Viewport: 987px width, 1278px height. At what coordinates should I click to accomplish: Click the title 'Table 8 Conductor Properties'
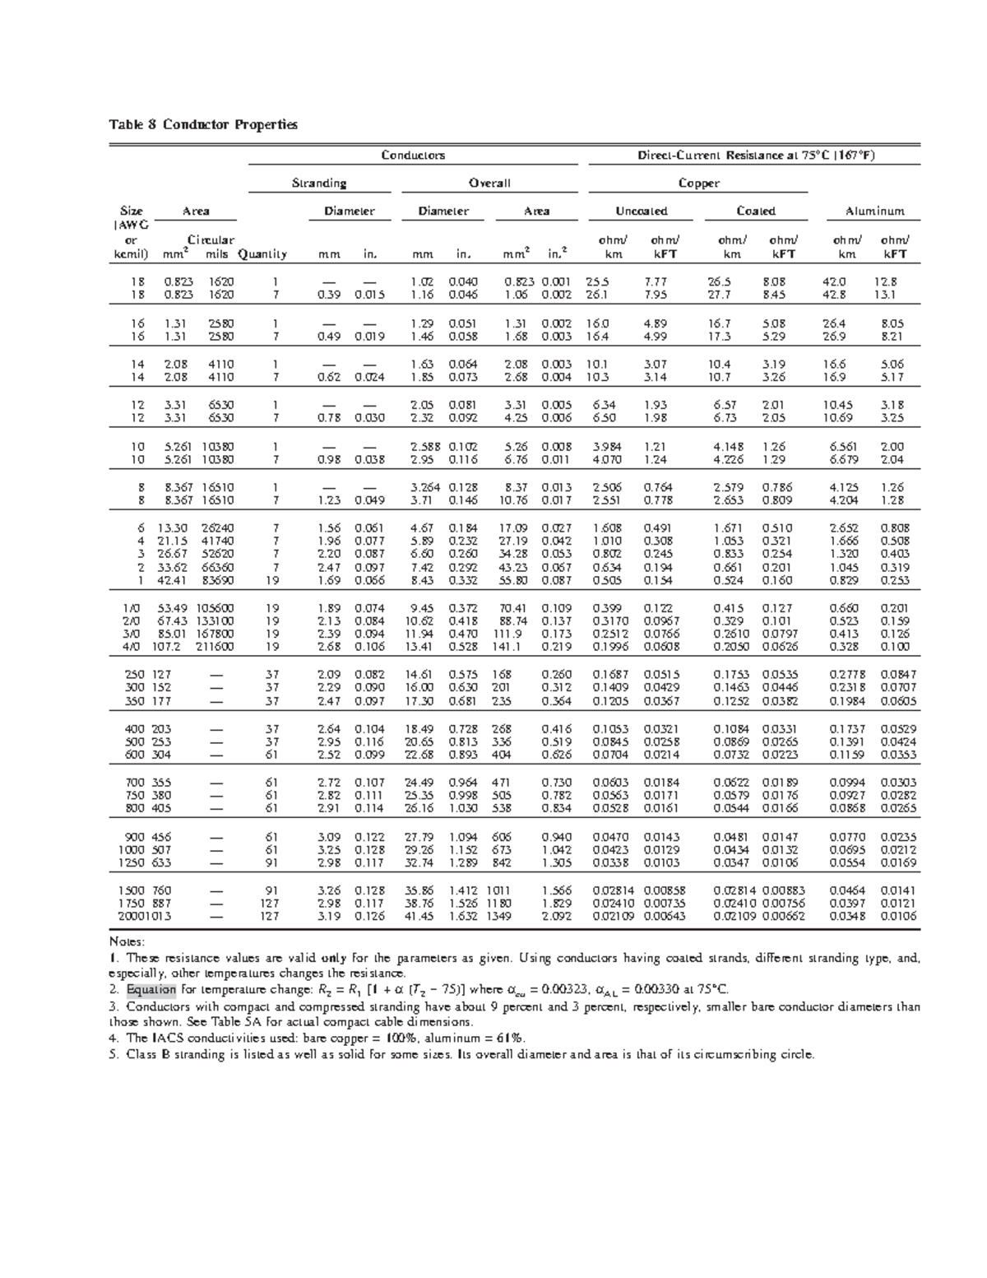point(203,125)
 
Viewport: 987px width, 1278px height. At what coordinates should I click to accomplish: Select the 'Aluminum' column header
point(874,211)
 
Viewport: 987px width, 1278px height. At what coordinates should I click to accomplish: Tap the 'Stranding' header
point(319,184)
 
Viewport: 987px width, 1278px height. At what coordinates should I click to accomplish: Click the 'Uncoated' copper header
point(642,211)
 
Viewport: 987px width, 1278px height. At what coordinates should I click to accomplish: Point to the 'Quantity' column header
point(262,254)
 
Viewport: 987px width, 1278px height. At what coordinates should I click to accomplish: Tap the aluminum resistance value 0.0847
point(899,675)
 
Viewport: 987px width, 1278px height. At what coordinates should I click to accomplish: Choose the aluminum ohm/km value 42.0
point(835,281)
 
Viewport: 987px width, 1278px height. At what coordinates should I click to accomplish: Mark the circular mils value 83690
point(218,580)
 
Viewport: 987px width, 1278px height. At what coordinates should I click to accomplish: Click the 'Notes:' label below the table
point(127,941)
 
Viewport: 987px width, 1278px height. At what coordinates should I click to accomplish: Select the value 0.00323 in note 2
point(568,989)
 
